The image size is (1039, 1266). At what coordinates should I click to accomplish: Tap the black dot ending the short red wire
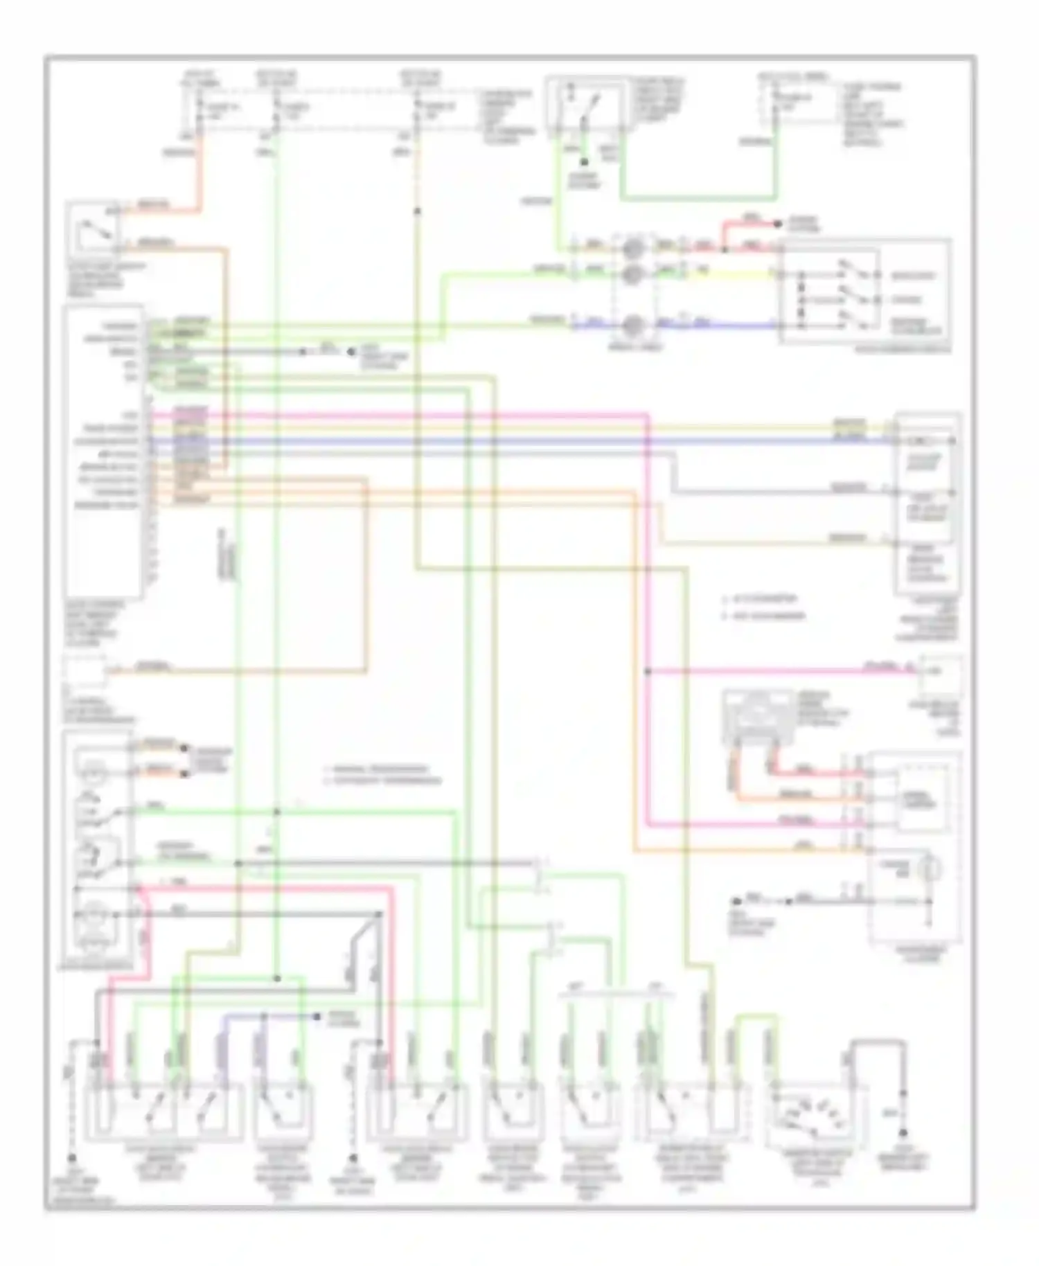click(777, 224)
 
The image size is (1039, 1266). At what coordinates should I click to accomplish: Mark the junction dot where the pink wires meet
click(648, 671)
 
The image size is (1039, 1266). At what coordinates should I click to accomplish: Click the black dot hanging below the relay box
click(584, 162)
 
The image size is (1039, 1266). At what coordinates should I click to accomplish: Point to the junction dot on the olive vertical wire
click(418, 211)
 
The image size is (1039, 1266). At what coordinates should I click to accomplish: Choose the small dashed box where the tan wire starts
click(85, 670)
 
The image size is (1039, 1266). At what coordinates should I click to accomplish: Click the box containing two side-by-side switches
click(164, 1112)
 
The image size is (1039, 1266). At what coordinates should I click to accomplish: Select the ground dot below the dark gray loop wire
click(903, 1133)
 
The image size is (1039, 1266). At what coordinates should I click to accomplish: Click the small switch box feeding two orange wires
click(92, 229)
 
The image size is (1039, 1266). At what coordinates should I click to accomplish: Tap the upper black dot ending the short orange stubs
click(184, 748)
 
